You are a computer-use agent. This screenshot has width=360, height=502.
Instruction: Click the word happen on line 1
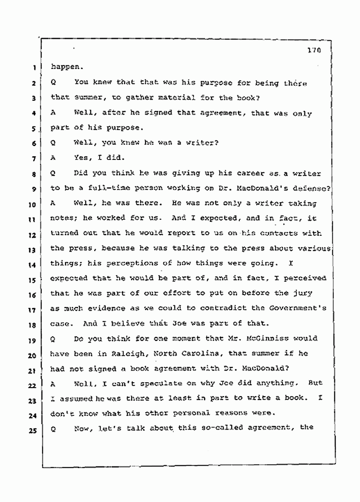click(64, 67)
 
